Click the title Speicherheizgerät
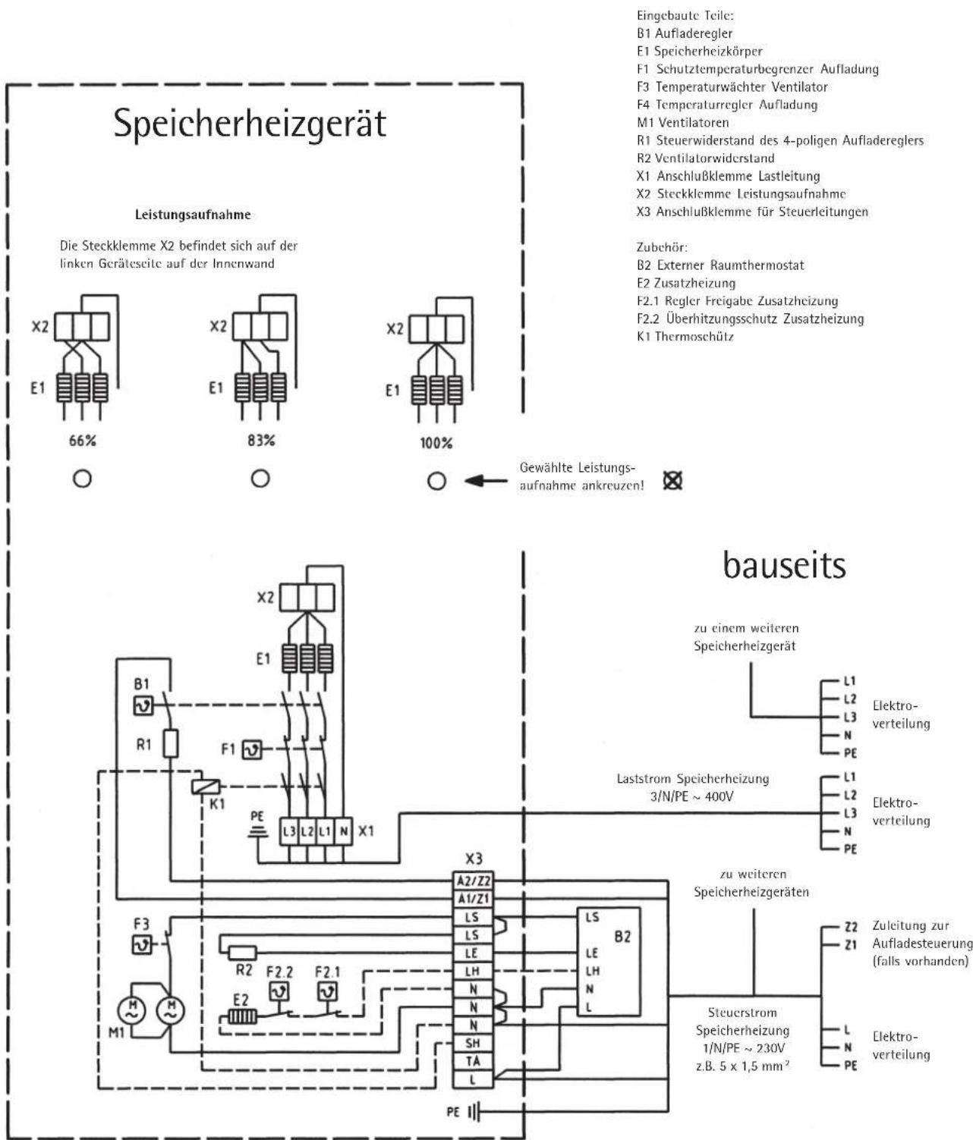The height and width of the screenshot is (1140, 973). (250, 124)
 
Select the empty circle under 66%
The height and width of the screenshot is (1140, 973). (83, 479)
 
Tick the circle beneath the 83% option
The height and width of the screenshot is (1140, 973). (260, 479)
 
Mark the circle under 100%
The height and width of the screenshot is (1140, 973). (436, 481)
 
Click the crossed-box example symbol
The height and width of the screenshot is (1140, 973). (672, 481)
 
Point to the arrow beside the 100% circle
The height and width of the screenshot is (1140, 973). (484, 481)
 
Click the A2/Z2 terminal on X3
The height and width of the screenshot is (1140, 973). (474, 881)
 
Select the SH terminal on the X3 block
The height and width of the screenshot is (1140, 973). (474, 1044)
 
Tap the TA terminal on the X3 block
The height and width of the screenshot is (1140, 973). (474, 1061)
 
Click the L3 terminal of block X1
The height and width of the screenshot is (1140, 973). (289, 831)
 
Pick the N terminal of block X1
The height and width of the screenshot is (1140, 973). (344, 831)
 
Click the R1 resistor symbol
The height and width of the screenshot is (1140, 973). (172, 744)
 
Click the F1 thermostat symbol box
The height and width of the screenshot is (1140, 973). (251, 750)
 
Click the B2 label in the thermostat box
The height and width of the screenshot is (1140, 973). (622, 937)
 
